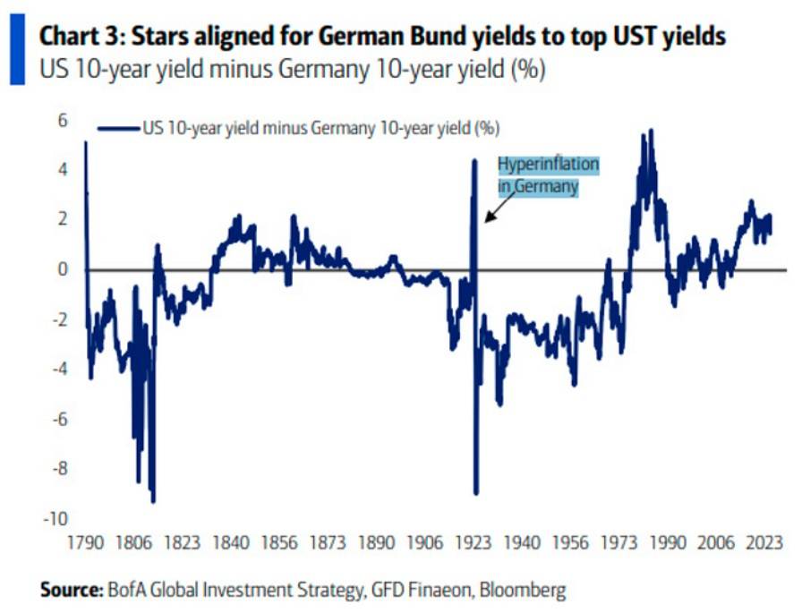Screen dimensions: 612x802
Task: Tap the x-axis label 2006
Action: tap(716, 543)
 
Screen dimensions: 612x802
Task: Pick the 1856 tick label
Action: tap(281, 543)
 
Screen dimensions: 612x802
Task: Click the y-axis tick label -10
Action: tap(53, 518)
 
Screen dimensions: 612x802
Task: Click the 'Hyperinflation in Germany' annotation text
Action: tap(547, 175)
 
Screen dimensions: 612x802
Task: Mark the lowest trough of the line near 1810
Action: tap(153, 500)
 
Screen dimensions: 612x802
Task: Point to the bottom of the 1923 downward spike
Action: tap(476, 491)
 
